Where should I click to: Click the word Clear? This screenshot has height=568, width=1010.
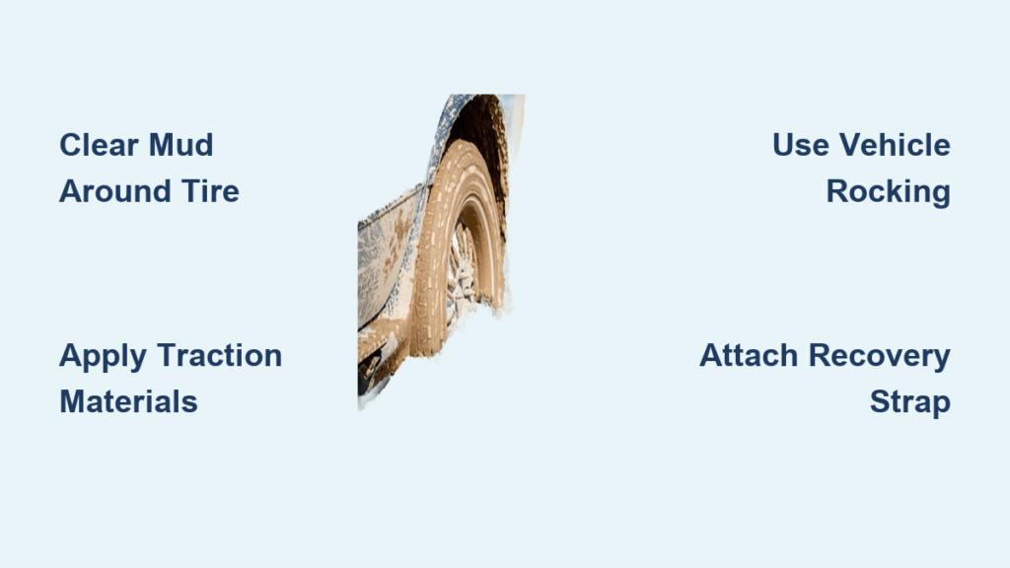99,145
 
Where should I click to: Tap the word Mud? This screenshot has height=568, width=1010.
181,145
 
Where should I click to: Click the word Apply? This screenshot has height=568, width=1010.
103,356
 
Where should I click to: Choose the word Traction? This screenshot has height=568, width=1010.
220,355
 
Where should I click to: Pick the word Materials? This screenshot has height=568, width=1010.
128,401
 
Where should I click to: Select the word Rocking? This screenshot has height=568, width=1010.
889,192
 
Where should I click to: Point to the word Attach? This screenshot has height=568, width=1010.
749,355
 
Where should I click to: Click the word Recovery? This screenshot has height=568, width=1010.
879,356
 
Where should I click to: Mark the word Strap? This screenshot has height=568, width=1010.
910,402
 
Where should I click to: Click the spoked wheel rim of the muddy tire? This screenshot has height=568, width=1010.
462,274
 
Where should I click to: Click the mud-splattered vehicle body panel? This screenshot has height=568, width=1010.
385,257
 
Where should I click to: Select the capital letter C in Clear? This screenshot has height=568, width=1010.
70,145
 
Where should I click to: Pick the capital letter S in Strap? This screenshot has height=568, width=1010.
880,401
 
